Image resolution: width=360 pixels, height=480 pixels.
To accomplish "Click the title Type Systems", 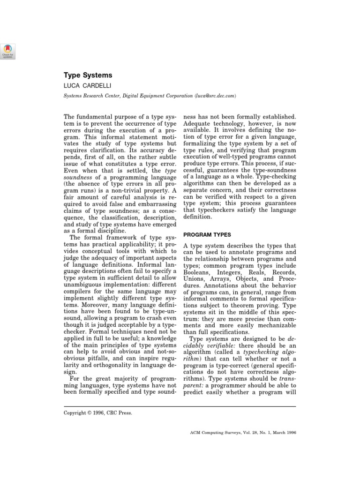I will point(88,75).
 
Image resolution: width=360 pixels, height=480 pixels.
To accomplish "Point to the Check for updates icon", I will point(8,52).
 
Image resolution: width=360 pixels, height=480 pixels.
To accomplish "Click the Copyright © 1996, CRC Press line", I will point(97,413).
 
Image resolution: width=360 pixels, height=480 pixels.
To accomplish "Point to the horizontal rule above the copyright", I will point(180,406).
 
